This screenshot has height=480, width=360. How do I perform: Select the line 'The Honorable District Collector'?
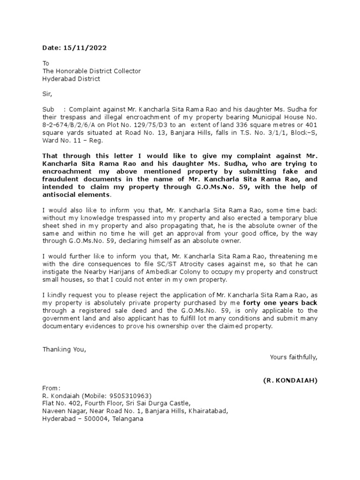point(91,71)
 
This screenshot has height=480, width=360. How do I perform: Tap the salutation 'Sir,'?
point(47,94)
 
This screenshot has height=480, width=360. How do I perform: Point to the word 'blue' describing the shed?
point(310,217)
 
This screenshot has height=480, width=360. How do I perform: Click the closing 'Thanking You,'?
point(64,349)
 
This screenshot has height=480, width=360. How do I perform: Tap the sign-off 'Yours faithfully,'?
point(293,357)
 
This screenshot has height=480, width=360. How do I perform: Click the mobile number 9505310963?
point(131,396)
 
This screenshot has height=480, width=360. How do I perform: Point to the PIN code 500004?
point(92,419)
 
